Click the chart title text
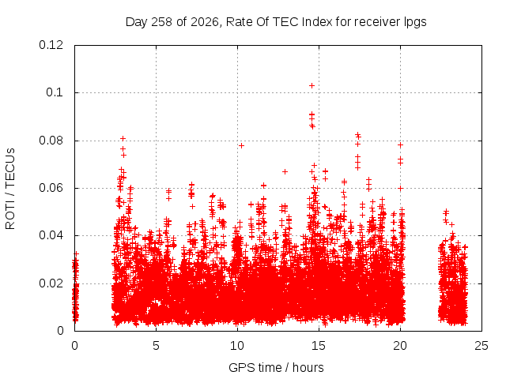pos(276,22)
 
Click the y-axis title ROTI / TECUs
pos(10,189)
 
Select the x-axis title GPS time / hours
pos(276,367)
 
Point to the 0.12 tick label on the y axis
pos(51,45)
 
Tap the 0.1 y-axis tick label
pos(55,92)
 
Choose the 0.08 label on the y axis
pos(51,141)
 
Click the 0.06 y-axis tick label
pos(51,188)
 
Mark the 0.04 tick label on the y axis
pos(51,235)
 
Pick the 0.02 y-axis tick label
pos(51,283)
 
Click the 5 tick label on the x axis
pos(157,346)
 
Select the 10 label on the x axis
pos(237,346)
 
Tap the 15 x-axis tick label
pos(319,346)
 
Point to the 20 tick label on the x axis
pos(400,346)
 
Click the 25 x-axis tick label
pos(481,346)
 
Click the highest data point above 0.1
pos(312,86)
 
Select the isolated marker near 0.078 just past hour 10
pos(241,145)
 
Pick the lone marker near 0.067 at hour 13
pos(285,172)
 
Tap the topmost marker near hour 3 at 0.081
pos(123,139)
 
